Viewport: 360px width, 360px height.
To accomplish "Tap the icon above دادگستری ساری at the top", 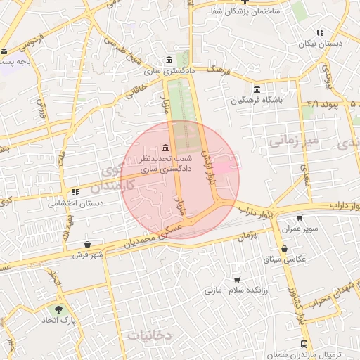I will (x=167, y=60).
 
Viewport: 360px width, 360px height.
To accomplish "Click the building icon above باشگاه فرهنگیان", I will (x=256, y=89).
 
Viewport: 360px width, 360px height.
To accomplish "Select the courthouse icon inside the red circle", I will (x=165, y=147).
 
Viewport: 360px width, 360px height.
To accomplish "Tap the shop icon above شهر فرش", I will (x=86, y=245).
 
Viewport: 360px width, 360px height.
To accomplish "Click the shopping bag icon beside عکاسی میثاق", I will (x=284, y=248).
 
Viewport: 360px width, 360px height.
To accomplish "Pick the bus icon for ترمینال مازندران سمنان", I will (x=303, y=344).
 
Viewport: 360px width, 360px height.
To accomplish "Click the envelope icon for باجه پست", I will (x=4, y=51).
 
